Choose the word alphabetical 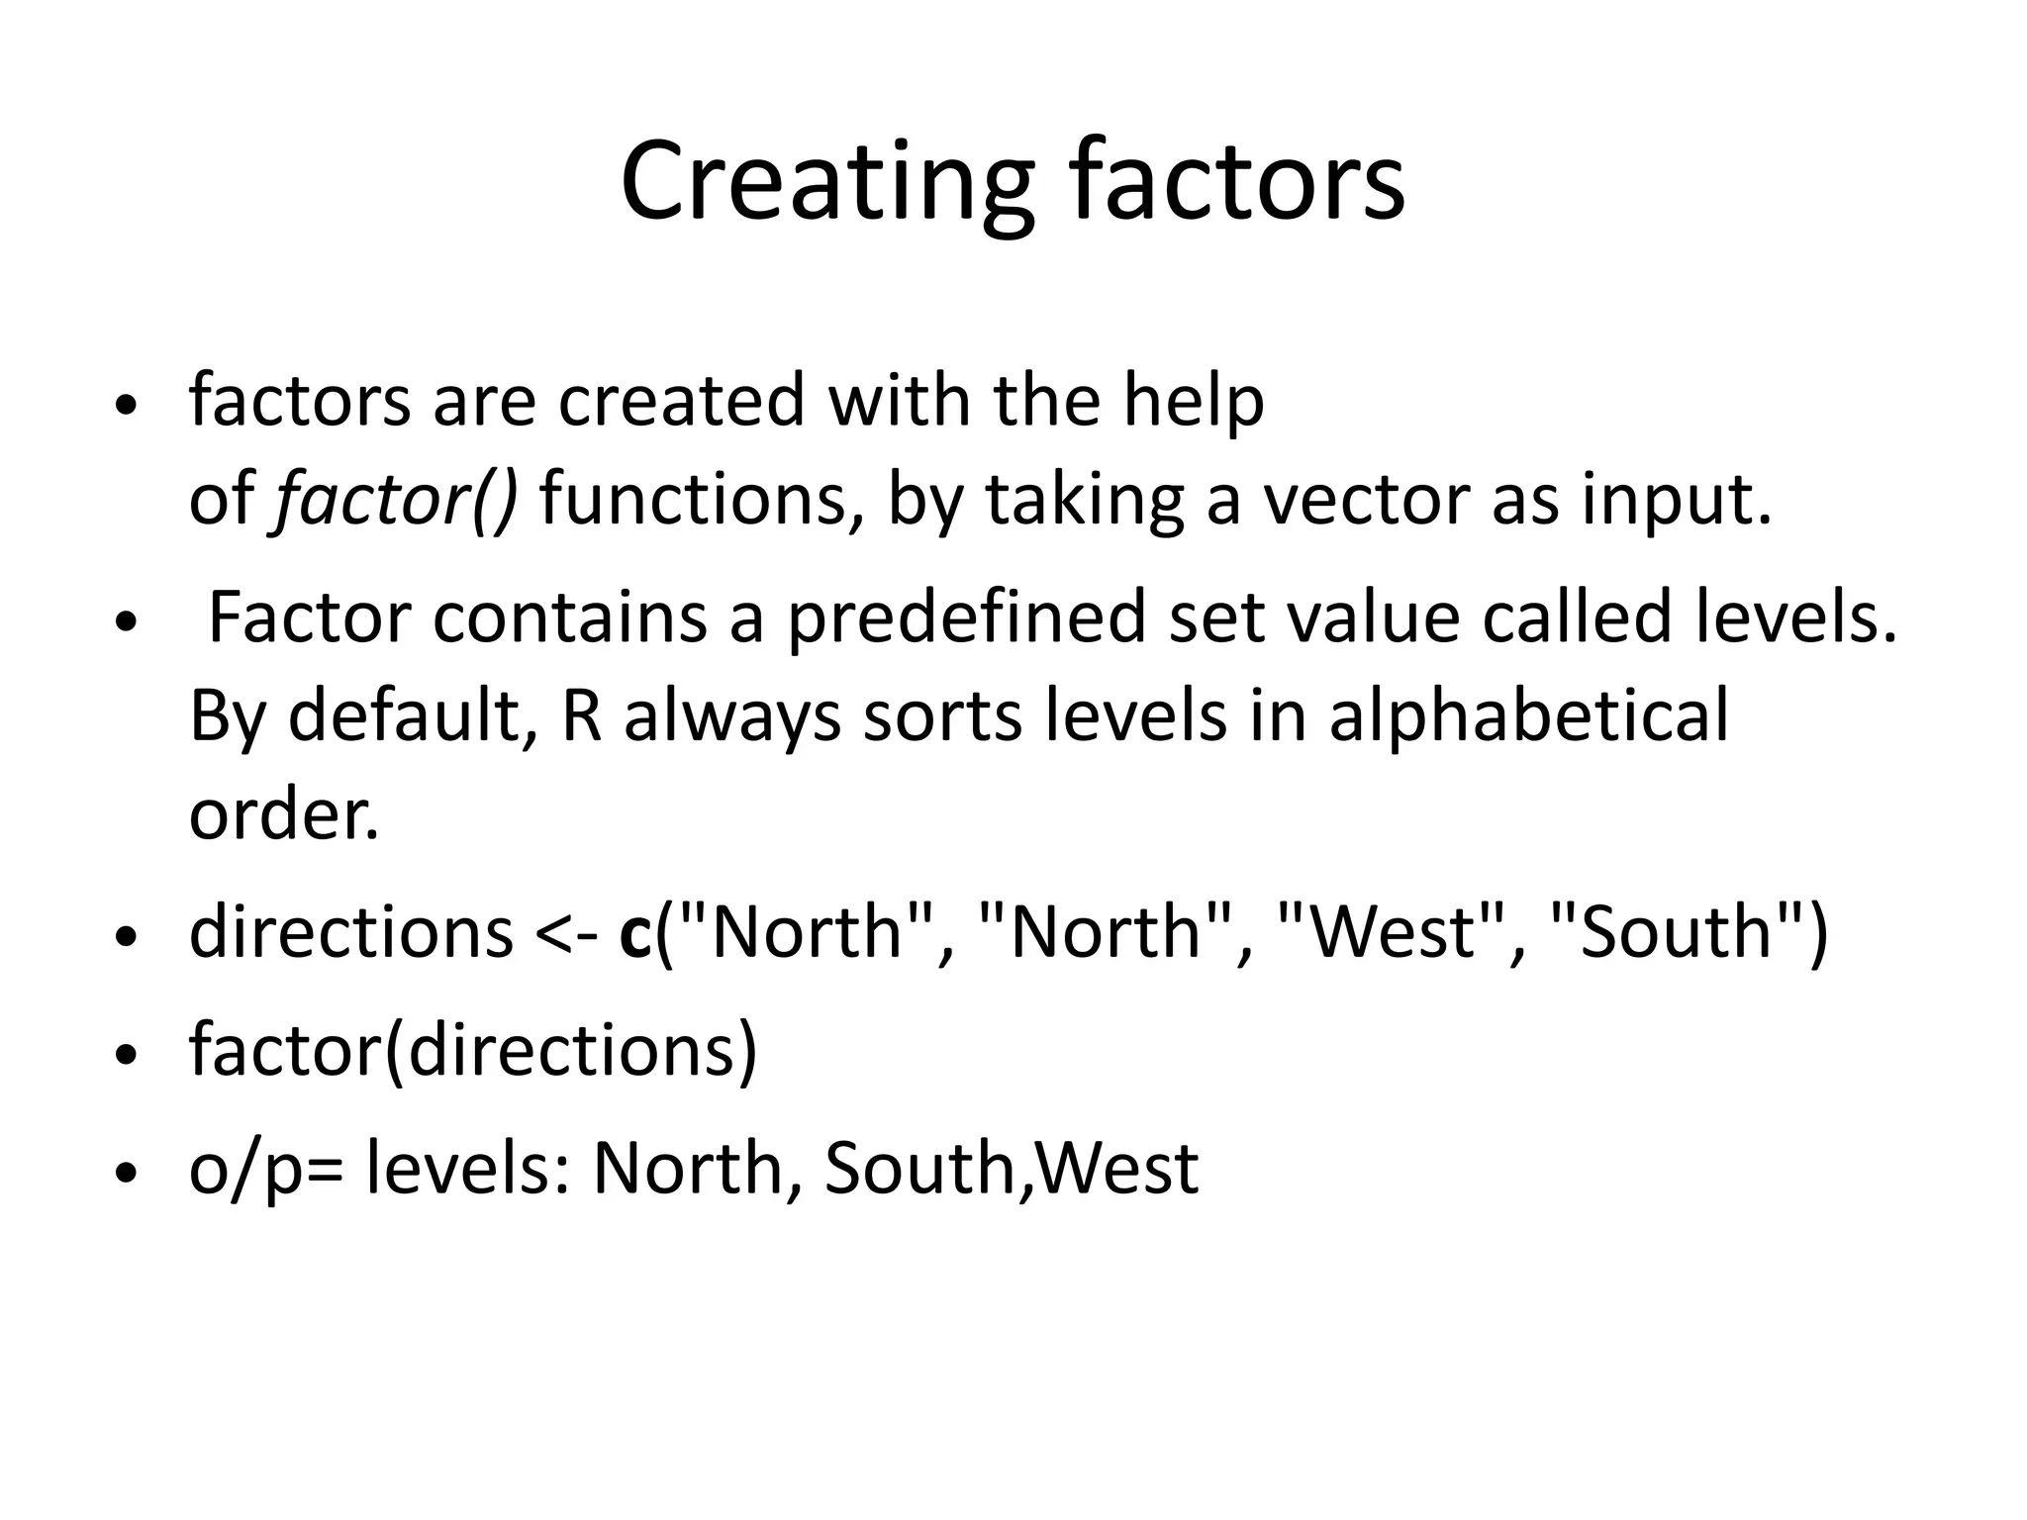1528,715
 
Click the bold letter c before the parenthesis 635,933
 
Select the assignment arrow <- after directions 565,933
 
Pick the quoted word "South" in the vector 1677,933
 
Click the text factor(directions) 473,1051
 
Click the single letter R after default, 582,715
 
